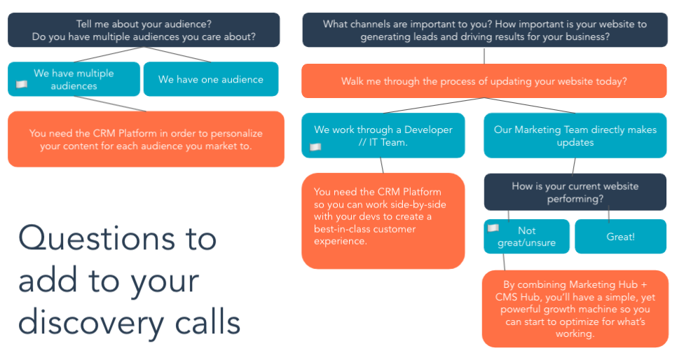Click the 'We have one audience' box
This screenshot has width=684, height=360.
click(x=211, y=79)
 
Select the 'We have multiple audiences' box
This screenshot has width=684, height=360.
click(x=74, y=79)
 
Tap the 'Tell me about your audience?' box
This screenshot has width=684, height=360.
click(x=144, y=29)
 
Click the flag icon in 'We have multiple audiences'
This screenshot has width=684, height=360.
click(x=22, y=84)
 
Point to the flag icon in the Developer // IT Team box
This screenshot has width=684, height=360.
click(x=315, y=147)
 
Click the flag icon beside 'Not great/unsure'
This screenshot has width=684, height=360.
click(x=493, y=228)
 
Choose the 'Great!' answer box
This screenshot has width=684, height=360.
click(x=620, y=236)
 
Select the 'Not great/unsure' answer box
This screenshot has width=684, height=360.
click(x=526, y=236)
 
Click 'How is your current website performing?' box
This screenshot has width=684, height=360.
click(x=575, y=192)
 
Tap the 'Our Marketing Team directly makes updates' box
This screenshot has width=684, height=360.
click(x=575, y=135)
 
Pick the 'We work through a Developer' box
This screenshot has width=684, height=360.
click(x=383, y=135)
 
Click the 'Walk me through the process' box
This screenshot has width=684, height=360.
click(x=484, y=81)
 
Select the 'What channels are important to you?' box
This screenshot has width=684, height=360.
click(x=485, y=29)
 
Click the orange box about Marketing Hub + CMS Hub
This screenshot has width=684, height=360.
click(x=575, y=309)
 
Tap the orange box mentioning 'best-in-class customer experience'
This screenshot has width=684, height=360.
click(x=383, y=221)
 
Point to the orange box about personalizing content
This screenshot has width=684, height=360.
click(x=146, y=139)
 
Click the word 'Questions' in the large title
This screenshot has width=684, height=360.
click(x=95, y=238)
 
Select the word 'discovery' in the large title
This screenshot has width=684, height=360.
click(x=90, y=323)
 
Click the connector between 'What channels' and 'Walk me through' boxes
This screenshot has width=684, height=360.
click(x=484, y=56)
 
